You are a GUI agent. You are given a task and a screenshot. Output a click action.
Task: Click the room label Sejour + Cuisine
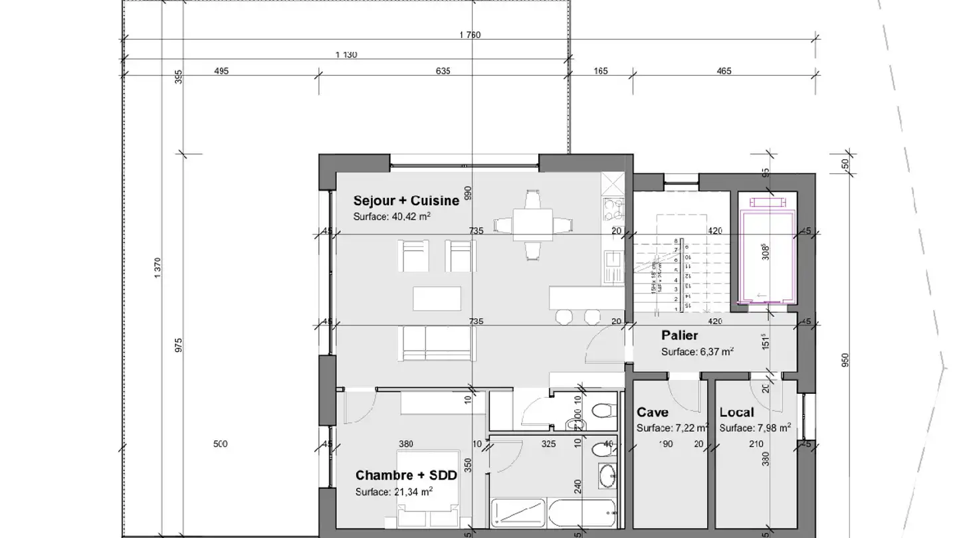click(x=406, y=201)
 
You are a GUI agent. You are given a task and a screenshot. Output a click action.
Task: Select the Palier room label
click(x=679, y=336)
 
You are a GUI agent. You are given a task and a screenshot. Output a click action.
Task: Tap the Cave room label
click(x=652, y=412)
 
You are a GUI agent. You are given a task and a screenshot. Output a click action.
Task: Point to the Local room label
click(x=736, y=412)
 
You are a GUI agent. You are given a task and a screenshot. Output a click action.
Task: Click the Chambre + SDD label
click(x=406, y=475)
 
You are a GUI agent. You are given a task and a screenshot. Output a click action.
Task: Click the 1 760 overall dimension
click(x=469, y=35)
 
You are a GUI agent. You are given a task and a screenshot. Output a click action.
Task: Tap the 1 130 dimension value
click(x=346, y=55)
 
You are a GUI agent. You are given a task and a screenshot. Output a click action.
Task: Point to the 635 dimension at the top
click(x=443, y=71)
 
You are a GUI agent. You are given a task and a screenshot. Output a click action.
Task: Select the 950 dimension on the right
click(x=845, y=360)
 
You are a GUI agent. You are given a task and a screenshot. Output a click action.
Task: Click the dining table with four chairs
click(x=532, y=225)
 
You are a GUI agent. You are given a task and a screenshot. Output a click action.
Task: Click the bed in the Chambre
click(x=429, y=488)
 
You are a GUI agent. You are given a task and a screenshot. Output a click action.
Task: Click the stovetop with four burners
click(x=612, y=209)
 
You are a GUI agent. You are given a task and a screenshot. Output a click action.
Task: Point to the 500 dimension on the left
click(x=220, y=444)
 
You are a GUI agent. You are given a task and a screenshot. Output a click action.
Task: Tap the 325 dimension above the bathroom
click(x=548, y=444)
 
